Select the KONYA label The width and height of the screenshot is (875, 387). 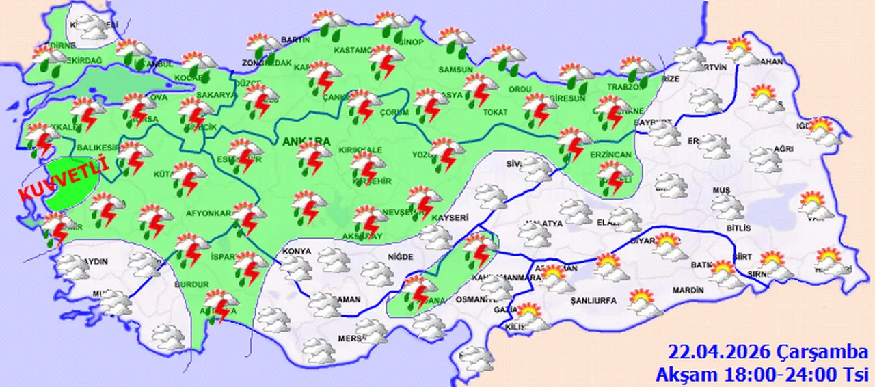tap(296, 251)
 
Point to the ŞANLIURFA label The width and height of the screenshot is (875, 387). tap(593, 300)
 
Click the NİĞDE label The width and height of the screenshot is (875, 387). tap(401, 256)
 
